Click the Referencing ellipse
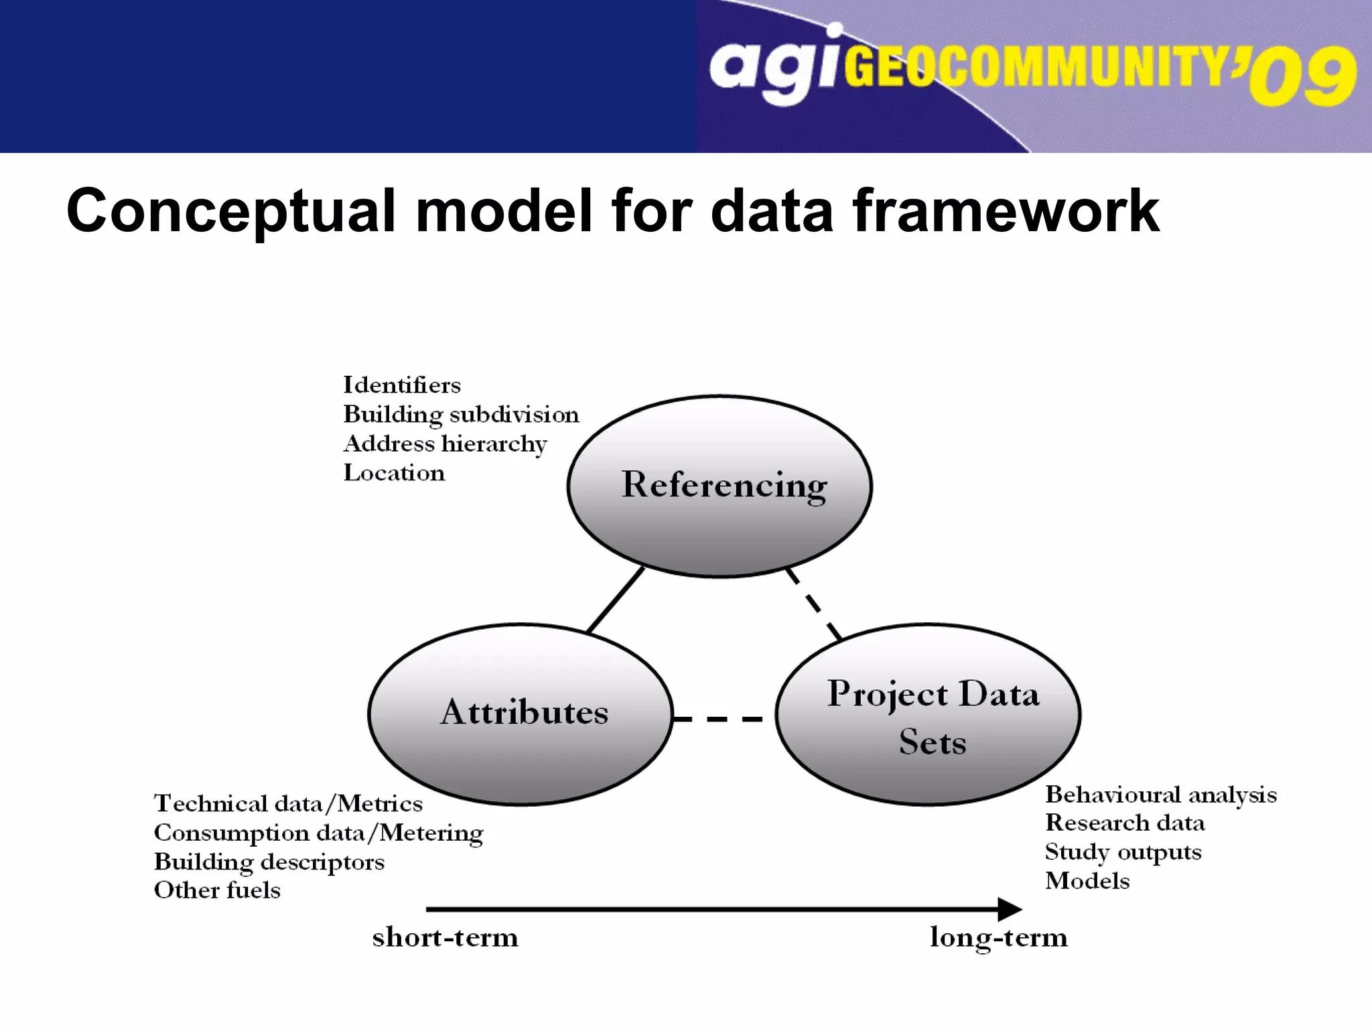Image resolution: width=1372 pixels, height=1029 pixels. tap(719, 486)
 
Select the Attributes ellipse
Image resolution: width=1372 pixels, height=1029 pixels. tap(521, 713)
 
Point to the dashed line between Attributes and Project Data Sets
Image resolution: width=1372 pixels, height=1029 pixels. tap(717, 719)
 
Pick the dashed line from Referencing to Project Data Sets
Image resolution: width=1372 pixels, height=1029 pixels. tap(813, 604)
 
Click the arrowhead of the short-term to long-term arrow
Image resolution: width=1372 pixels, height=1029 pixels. tap(1010, 909)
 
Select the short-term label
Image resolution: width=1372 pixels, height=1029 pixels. tap(445, 937)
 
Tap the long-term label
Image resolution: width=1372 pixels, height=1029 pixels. tap(998, 937)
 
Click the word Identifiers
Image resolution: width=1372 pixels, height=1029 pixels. tap(402, 385)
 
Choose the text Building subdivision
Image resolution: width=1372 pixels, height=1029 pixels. tap(461, 415)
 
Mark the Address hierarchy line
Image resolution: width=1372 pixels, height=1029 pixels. tap(445, 444)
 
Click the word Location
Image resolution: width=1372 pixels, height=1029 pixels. tap(394, 473)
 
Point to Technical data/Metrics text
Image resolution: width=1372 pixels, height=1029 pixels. tap(288, 803)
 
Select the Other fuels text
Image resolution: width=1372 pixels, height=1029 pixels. tap(217, 890)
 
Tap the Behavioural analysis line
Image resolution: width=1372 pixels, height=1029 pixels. tap(1160, 795)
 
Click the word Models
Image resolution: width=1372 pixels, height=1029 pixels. tap(1087, 881)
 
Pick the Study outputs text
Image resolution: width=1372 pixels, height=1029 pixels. tap(1123, 852)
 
